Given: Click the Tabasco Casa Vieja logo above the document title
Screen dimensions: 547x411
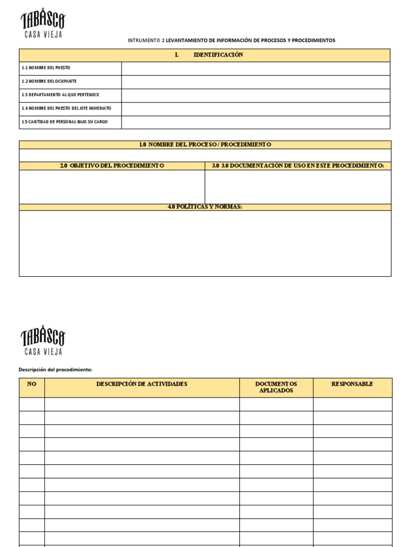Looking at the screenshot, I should [x=43, y=25].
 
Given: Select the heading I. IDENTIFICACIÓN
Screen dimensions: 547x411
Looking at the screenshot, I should [x=209, y=55].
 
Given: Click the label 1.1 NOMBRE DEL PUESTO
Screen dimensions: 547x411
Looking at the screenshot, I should [x=45, y=68].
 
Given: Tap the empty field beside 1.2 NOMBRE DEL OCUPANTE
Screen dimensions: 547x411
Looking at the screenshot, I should [x=255, y=82].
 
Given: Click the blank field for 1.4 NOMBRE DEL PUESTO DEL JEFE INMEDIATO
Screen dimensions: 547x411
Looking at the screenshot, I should [x=255, y=108].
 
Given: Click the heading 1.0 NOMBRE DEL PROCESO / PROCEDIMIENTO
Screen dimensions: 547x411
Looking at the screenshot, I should [x=205, y=145].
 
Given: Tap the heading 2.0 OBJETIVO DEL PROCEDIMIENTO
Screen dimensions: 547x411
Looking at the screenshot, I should [x=112, y=166].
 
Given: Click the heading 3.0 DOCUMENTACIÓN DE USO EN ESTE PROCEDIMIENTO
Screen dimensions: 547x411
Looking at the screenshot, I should [x=298, y=166].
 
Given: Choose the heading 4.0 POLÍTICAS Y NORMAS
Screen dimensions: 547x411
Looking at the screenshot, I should [x=205, y=207].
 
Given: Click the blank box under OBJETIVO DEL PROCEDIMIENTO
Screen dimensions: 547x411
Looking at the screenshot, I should [x=112, y=186].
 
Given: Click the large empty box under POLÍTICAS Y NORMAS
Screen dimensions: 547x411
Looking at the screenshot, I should [x=205, y=243].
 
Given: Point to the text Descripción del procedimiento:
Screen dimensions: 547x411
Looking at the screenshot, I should [x=56, y=369].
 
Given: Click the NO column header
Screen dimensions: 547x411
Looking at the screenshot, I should [x=32, y=384].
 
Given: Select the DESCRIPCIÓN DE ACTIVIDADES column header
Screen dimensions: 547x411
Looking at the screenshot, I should [x=142, y=384].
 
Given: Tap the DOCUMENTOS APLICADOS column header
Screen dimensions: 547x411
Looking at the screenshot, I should [x=276, y=387].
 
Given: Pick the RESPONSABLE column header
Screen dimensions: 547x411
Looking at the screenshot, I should [x=352, y=384].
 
